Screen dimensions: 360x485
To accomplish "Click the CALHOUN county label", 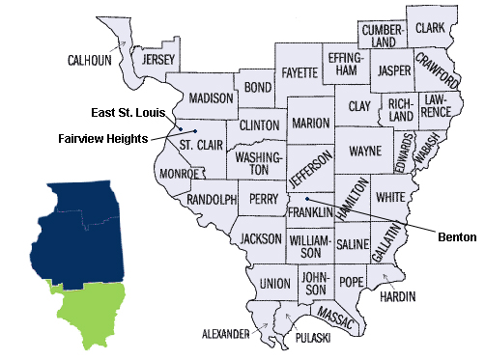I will coord(89,60).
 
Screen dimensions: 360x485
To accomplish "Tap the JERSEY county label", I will coord(157,60).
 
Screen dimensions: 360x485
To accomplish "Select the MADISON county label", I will coord(211,98).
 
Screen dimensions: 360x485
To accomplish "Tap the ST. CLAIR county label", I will coord(199,145).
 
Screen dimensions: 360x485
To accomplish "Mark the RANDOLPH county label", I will coord(211,200).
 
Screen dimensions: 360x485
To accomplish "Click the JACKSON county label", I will coord(261,237).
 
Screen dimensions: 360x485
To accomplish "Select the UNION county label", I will coord(274,284).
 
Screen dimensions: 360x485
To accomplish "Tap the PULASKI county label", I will coord(312,340).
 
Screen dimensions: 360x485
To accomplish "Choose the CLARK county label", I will coord(430,29).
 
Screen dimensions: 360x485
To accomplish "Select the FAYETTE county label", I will coord(300,72).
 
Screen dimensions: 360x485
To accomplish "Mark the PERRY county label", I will coord(264,199).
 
